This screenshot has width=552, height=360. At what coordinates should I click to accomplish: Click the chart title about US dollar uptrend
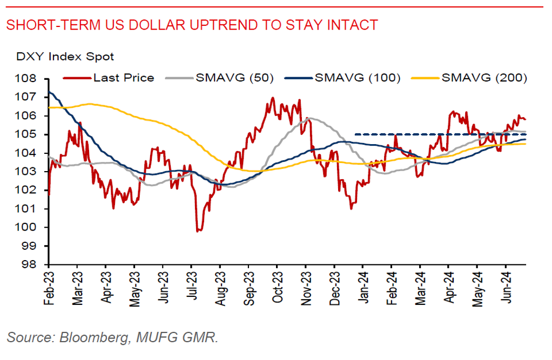point(192,25)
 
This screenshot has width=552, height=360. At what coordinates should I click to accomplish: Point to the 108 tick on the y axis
point(29,78)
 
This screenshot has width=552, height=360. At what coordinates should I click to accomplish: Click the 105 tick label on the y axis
point(29,134)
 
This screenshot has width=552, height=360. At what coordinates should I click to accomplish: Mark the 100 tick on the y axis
point(29,227)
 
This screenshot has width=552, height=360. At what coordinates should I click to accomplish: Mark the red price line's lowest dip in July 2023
point(198,230)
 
